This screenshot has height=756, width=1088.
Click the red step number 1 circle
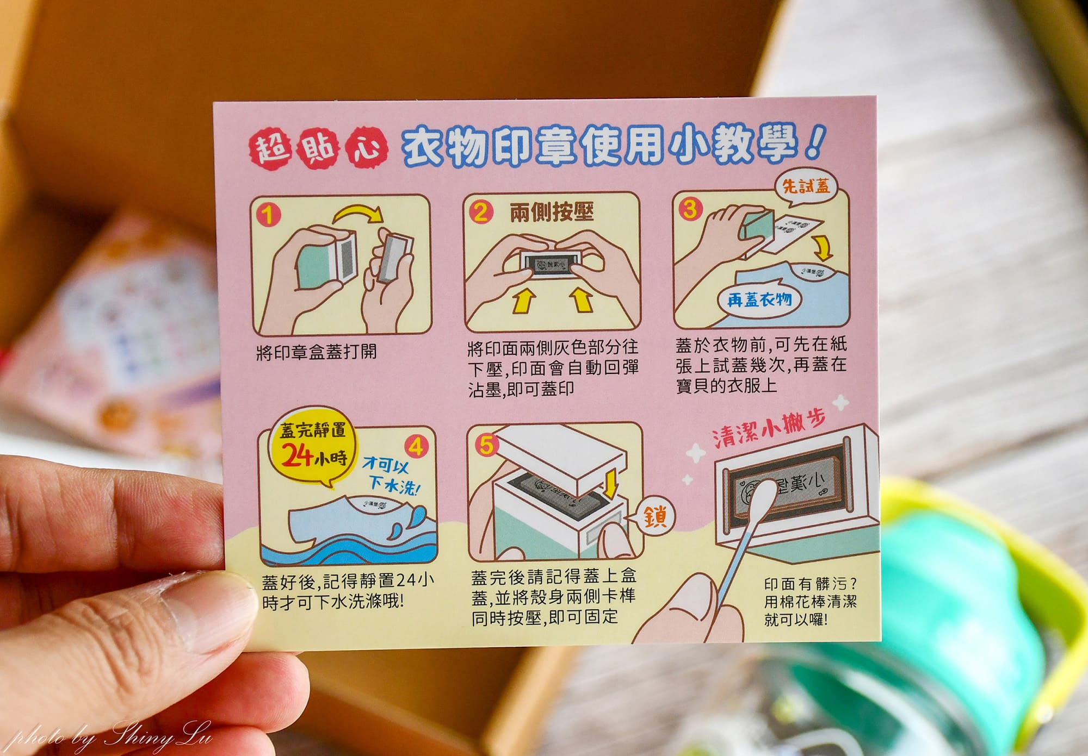268,215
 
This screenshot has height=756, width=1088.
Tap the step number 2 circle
480,211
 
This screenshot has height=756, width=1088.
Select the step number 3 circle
690,209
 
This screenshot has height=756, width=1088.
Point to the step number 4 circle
416,447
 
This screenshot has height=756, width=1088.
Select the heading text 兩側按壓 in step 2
551,211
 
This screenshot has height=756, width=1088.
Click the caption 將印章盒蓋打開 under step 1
316,352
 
